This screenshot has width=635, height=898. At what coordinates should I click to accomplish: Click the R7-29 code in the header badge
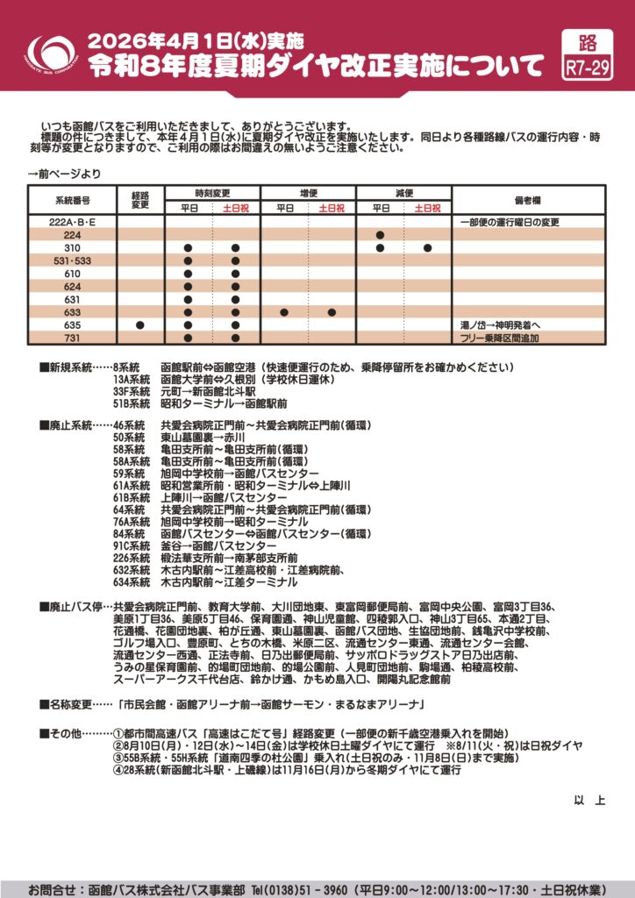coord(589,68)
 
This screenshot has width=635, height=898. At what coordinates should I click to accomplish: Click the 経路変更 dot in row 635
coord(140,325)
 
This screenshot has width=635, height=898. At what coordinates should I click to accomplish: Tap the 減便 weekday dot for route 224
coord(381,235)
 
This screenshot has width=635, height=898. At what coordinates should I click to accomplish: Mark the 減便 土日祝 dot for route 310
coord(428,248)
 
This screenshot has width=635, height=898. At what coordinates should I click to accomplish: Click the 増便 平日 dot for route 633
coord(284,312)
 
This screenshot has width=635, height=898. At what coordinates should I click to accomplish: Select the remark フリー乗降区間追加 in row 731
coord(500,338)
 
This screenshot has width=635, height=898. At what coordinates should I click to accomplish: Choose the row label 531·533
coord(73,260)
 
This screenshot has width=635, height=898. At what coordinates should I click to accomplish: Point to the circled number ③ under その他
coord(118,758)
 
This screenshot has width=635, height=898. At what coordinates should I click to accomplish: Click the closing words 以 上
coord(589,800)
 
